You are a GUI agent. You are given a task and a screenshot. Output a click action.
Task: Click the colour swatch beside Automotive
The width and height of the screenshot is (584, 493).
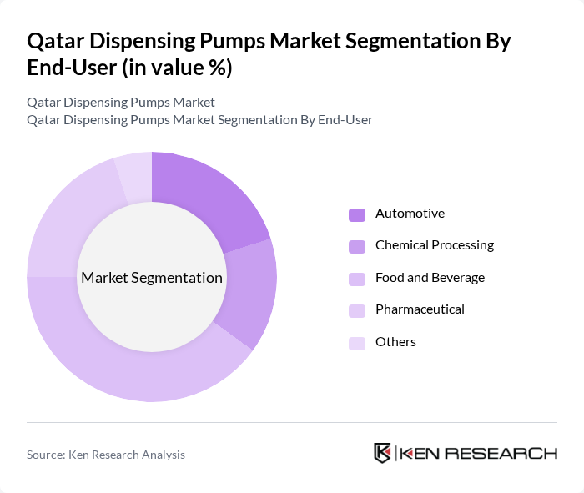click(x=357, y=214)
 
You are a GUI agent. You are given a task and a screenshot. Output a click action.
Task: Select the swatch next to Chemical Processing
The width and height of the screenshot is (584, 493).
click(x=357, y=246)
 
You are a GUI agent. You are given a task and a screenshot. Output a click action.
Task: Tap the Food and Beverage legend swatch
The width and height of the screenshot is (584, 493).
click(x=357, y=279)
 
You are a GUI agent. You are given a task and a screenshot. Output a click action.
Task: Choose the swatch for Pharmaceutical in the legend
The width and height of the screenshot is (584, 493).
click(x=357, y=310)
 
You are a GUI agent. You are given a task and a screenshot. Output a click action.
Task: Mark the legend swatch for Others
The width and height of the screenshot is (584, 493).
click(x=357, y=343)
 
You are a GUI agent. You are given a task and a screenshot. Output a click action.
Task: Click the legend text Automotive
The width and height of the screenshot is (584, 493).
click(x=410, y=214)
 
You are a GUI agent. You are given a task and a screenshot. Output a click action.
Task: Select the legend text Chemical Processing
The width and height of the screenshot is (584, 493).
click(x=435, y=245)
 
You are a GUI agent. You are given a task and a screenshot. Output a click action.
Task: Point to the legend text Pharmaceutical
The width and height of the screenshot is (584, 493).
click(x=420, y=309)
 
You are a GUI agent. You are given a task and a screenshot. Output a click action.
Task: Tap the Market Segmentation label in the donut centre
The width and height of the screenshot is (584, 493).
click(x=152, y=278)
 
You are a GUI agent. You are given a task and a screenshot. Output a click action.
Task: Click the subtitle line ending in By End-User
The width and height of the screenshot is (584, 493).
click(x=199, y=120)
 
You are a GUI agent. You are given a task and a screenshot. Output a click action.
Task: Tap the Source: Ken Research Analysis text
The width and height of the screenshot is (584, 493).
click(x=106, y=455)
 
